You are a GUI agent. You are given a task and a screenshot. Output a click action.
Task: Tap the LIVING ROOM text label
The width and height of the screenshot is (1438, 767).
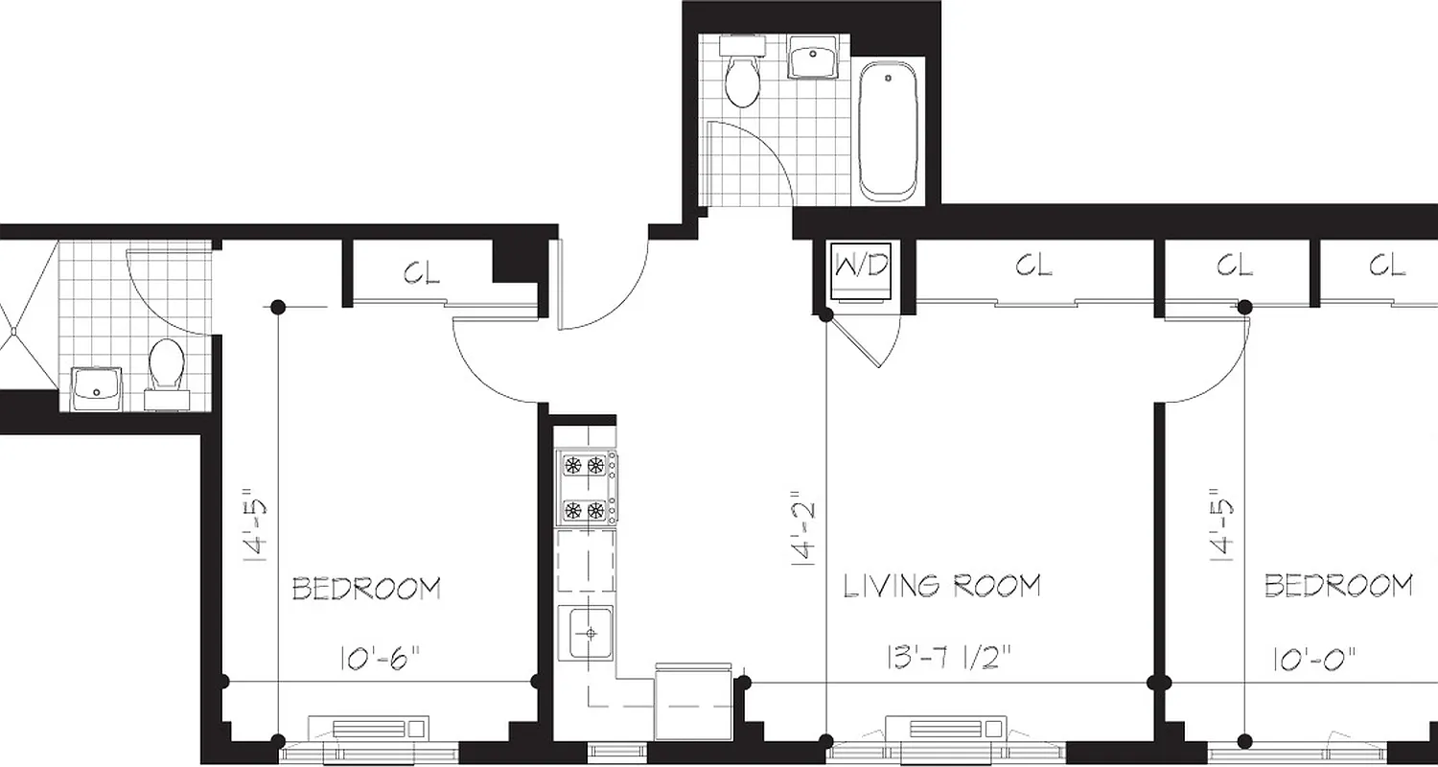(x=941, y=586)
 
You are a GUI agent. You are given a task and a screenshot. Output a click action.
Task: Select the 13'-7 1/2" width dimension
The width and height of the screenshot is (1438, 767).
(x=948, y=659)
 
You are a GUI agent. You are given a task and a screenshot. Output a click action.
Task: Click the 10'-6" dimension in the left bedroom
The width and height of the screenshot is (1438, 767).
(x=380, y=659)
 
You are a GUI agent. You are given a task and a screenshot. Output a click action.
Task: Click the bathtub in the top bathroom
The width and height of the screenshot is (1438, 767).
(x=888, y=130)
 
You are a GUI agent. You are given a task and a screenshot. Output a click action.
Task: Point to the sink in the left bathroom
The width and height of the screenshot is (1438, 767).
(x=98, y=387)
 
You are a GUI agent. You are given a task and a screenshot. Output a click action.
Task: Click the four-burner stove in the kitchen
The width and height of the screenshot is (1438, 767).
(x=586, y=488)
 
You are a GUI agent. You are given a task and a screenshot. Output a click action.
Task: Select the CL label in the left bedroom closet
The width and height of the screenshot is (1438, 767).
(x=422, y=273)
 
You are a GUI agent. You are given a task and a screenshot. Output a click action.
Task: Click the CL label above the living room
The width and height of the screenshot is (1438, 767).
(x=1033, y=266)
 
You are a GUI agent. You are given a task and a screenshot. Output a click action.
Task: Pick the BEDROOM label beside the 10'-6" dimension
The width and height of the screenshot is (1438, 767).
(x=366, y=588)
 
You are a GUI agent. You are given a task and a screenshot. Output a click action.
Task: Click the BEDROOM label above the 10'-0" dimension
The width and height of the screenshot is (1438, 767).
(x=1337, y=585)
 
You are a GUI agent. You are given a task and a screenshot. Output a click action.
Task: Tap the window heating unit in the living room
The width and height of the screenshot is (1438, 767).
(x=946, y=729)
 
